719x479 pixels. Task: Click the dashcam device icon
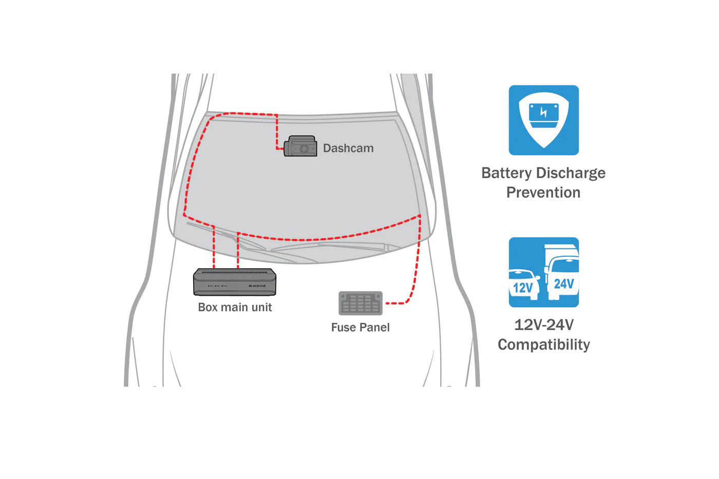point(300,146)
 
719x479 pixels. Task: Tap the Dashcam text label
point(348,148)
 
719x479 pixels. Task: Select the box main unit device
point(235,282)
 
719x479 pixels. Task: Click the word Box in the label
point(208,308)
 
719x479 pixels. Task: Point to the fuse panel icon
point(361,303)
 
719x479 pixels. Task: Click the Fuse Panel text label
point(360,328)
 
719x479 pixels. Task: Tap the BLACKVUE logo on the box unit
point(257,286)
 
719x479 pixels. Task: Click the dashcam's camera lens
point(304,149)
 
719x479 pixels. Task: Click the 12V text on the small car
point(523,288)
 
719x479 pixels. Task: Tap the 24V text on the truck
point(563,284)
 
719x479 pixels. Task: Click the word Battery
point(506,173)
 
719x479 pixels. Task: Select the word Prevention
point(543,193)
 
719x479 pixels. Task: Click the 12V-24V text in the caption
point(544,325)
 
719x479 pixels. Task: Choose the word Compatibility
point(544,344)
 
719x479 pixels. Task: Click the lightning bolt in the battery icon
point(543,112)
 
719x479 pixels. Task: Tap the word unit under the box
point(262,308)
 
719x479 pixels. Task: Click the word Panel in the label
point(376,328)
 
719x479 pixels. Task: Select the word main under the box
point(235,308)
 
